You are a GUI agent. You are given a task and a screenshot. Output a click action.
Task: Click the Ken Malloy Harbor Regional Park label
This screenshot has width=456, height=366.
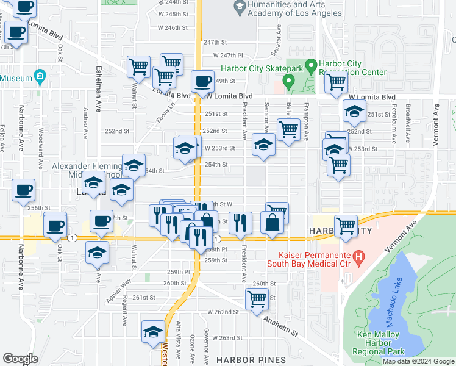378,343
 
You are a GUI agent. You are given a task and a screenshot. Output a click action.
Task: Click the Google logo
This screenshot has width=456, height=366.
20,359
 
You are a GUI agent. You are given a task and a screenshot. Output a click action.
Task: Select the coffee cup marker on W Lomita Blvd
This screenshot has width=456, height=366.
202,81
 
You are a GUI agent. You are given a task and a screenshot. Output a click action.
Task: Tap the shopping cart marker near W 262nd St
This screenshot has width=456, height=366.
257,299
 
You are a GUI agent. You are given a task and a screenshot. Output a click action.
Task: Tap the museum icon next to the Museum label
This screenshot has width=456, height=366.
40,77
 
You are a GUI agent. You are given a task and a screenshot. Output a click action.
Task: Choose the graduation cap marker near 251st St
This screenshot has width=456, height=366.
354,112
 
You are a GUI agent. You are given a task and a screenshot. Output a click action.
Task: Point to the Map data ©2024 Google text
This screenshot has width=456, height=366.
418,361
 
